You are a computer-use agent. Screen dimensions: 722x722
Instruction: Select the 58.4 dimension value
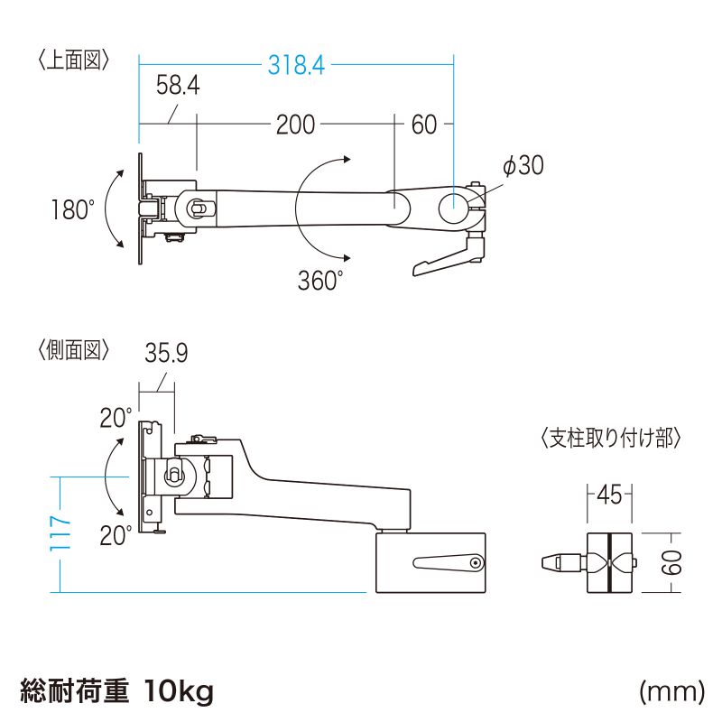click(x=177, y=87)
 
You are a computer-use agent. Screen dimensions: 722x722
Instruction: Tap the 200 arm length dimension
click(x=295, y=125)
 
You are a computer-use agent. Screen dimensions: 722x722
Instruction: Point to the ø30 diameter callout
click(x=523, y=166)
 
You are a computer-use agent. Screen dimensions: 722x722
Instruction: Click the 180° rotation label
click(x=72, y=210)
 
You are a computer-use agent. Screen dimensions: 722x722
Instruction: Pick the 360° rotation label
click(x=320, y=281)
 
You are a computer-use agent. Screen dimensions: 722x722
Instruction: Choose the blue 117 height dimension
click(x=60, y=534)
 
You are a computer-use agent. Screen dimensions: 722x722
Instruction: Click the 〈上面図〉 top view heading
click(x=75, y=60)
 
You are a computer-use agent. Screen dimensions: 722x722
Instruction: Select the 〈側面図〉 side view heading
click(x=75, y=349)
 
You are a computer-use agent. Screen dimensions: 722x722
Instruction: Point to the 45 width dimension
click(x=609, y=495)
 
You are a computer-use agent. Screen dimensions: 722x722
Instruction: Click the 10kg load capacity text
click(x=179, y=692)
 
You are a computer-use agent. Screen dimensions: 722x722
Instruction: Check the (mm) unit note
click(x=671, y=692)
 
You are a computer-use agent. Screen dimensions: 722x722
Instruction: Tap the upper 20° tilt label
click(x=116, y=419)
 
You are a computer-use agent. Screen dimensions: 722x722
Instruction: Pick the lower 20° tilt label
click(x=116, y=536)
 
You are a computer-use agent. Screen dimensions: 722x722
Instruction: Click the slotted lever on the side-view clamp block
click(x=449, y=564)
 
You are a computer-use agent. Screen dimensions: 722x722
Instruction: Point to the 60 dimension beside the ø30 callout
click(x=424, y=125)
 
